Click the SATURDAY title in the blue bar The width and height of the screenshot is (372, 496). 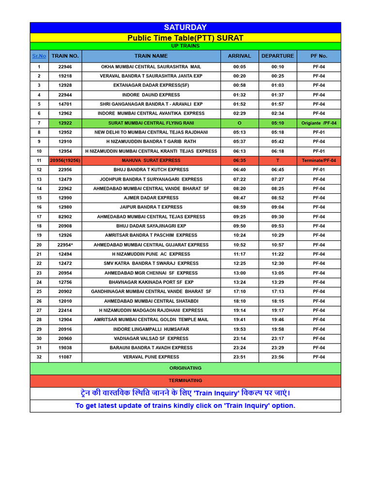185,28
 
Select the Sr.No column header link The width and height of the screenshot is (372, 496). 39,56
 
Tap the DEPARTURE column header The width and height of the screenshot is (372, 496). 278,56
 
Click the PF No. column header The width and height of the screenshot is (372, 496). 319,56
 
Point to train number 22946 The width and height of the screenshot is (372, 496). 65,67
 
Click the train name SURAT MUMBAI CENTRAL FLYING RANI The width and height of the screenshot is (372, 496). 151,123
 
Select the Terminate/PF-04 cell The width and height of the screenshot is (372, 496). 319,160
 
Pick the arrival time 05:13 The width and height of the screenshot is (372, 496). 239,132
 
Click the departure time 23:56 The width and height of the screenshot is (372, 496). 278,357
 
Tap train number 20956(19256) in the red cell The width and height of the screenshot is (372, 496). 65,160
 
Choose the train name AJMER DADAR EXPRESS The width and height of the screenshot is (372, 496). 151,198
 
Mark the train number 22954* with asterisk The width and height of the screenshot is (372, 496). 65,245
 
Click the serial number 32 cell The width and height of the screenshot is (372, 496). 39,357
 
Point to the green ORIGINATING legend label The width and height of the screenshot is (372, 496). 185,369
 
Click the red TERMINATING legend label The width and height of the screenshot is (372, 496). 185,381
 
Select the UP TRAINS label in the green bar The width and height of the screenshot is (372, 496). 185,46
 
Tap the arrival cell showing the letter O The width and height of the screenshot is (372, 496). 239,123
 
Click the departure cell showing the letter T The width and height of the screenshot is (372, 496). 278,160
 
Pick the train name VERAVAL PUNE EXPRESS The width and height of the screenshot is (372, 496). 151,357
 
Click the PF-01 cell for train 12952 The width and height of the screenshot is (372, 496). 319,132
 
